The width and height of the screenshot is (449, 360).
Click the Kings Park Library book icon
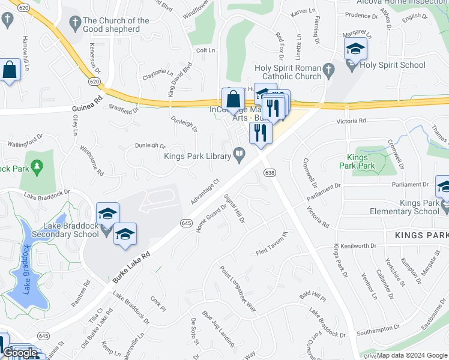click(x=239, y=156)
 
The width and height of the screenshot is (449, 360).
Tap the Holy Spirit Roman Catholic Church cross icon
click(x=328, y=71)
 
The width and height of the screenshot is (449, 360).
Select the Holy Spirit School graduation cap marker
click(x=356, y=49)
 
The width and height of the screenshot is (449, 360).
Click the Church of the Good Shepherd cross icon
click(x=75, y=24)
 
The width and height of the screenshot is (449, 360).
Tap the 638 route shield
click(x=270, y=173)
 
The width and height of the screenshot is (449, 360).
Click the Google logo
click(x=20, y=353)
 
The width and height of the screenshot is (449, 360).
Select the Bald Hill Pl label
click(x=313, y=298)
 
